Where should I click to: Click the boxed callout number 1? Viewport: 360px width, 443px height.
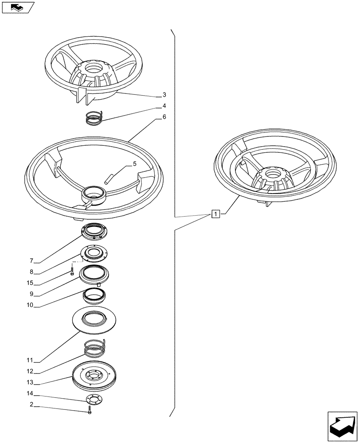pyautogui.click(x=215, y=215)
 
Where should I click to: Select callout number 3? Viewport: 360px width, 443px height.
pyautogui.click(x=164, y=95)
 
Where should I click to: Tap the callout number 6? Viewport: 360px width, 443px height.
pyautogui.click(x=164, y=117)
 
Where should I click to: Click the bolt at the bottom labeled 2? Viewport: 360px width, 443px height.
pyautogui.click(x=90, y=410)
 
